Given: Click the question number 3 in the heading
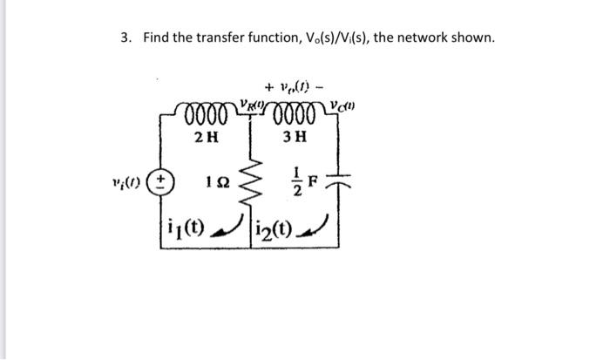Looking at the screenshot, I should coord(125,37).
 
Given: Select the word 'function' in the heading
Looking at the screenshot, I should coord(284,37).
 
